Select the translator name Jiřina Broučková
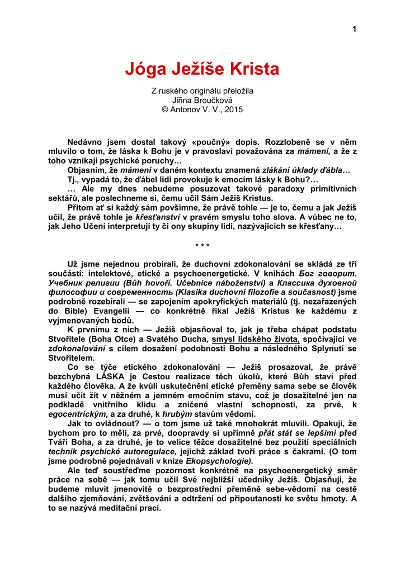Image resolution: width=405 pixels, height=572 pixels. pos(202,100)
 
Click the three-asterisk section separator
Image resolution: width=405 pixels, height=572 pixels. pos(202,246)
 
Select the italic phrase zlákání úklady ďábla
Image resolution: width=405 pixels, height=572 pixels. pos(306,170)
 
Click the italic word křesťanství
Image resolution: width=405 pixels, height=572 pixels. pos(157,217)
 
